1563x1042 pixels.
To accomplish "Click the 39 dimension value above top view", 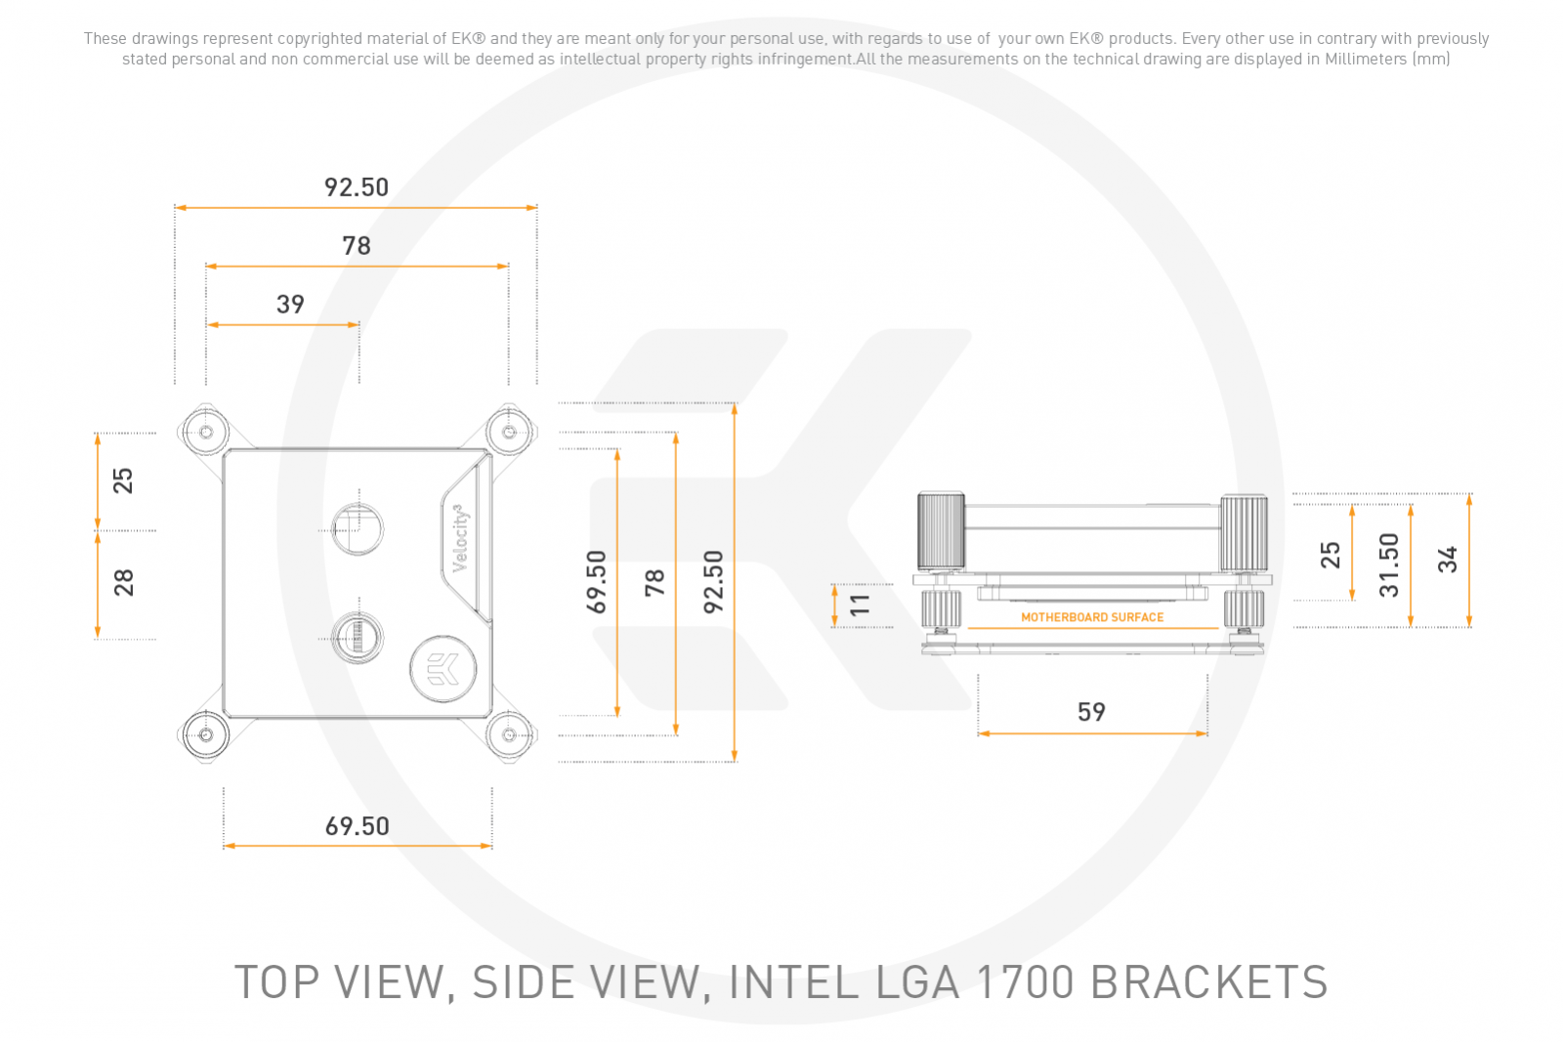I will [290, 304].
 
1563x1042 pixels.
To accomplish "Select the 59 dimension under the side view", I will [1091, 712].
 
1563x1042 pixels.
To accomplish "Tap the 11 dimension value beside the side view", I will [860, 604].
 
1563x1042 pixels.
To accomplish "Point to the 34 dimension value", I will [1447, 560].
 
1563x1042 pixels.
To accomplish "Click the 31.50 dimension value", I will [1389, 564].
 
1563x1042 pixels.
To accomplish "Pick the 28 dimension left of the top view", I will [123, 583].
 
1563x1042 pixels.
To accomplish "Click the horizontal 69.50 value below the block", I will [357, 826].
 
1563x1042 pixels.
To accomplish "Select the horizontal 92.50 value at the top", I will [357, 187].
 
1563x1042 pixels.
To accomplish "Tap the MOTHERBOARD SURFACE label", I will [1092, 617].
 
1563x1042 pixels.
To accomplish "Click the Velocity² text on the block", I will [460, 538].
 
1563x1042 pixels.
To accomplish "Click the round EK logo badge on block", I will [443, 669].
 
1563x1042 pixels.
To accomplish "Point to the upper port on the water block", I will [358, 528].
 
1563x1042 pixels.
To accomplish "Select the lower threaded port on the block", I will [358, 638].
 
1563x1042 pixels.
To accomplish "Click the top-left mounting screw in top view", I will [206, 433].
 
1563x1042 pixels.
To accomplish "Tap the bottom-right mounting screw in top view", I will [509, 735].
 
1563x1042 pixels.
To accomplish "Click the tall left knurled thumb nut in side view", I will [941, 531].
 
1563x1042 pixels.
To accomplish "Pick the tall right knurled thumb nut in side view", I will [1244, 533].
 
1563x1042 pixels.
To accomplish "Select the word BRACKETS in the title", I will [1208, 982].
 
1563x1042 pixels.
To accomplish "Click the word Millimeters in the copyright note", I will [1365, 59].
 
